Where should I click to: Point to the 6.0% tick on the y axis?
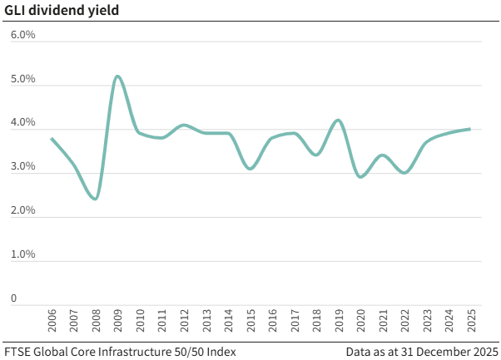(22, 36)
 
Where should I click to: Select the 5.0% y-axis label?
(22, 80)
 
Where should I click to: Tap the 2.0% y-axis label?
(22, 210)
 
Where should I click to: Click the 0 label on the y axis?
(13, 298)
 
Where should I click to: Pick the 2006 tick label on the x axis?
(52, 322)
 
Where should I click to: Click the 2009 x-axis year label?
(117, 322)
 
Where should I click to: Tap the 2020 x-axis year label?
(360, 322)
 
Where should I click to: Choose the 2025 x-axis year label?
(470, 322)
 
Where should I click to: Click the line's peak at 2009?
(117, 76)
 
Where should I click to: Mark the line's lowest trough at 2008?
(96, 199)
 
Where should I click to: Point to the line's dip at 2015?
(250, 169)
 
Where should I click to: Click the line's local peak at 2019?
(337, 121)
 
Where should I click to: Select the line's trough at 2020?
(360, 176)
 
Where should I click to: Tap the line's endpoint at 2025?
(470, 129)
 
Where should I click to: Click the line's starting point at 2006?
(52, 139)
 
